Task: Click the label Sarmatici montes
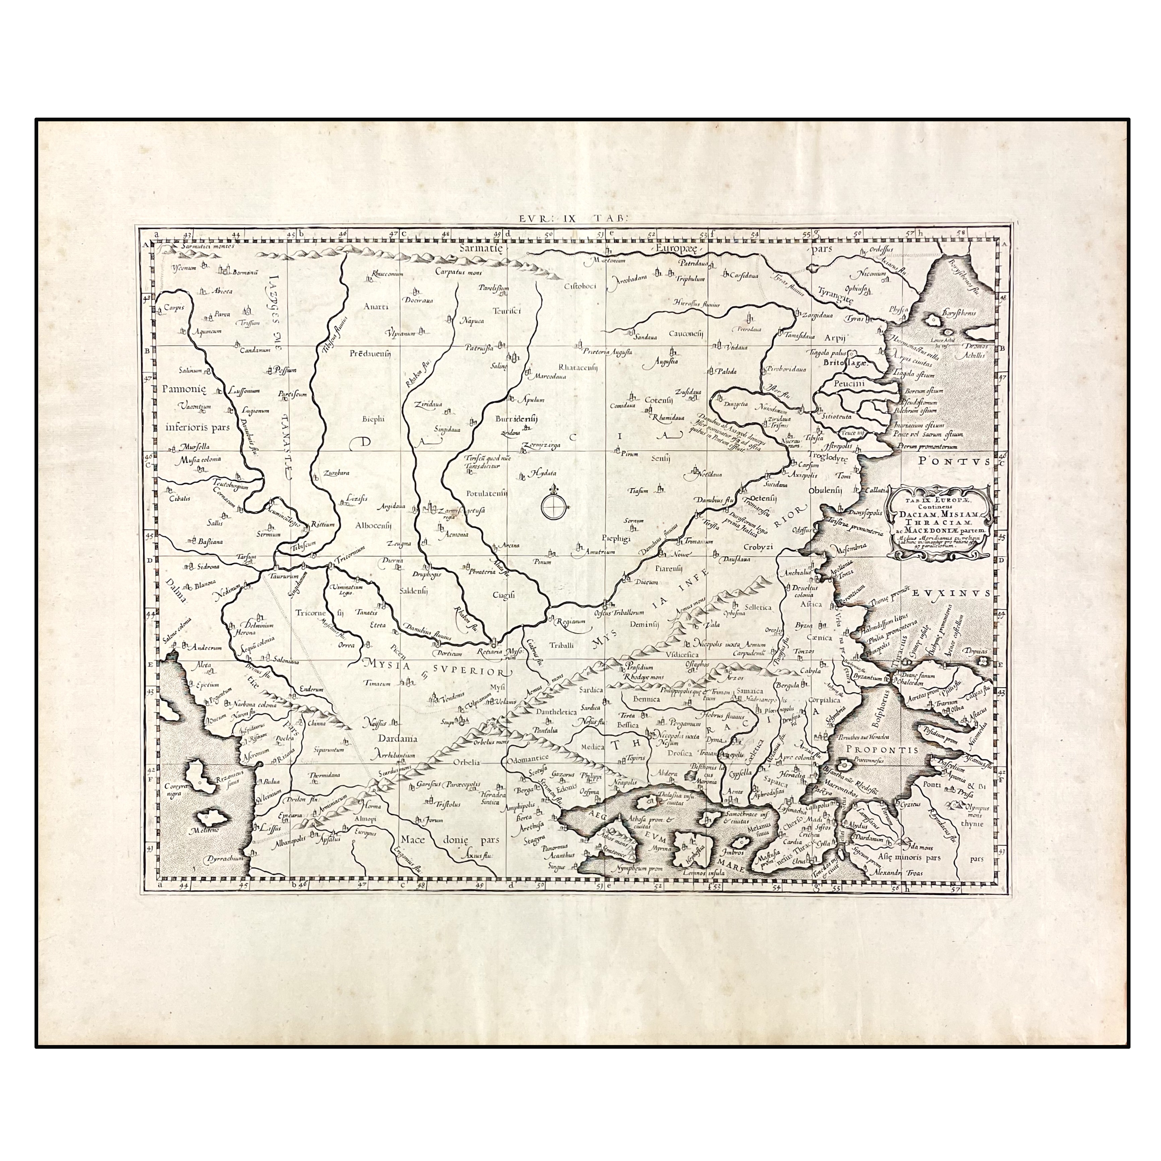(x=202, y=246)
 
